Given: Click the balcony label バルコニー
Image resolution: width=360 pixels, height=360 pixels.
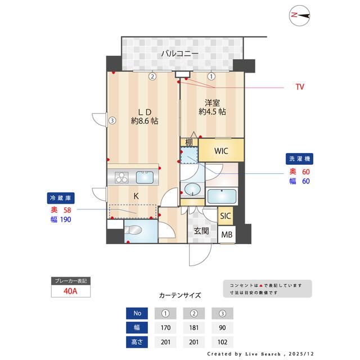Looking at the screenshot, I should [x=179, y=54].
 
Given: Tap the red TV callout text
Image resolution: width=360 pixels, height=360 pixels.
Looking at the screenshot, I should [x=300, y=87].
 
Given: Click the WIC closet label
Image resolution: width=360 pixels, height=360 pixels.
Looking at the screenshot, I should [x=221, y=150].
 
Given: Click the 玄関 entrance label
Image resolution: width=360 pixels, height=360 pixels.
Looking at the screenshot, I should [x=202, y=231].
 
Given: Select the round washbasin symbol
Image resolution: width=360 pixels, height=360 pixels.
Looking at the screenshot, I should [x=192, y=189].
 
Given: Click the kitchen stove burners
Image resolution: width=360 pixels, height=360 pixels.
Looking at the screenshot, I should [x=122, y=178].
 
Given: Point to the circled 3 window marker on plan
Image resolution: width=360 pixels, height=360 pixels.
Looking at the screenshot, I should [x=112, y=120].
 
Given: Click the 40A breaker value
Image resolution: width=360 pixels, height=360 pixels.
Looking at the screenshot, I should [x=70, y=292].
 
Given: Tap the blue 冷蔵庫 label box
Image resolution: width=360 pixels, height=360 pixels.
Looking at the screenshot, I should [x=61, y=199].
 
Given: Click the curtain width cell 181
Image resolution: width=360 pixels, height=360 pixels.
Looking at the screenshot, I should [x=194, y=327].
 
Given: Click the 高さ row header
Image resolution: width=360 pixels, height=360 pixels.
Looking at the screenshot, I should [x=137, y=341].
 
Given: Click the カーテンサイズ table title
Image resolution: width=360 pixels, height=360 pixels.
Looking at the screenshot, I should [x=180, y=295].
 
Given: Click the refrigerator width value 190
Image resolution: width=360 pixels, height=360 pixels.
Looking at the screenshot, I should [x=66, y=219].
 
